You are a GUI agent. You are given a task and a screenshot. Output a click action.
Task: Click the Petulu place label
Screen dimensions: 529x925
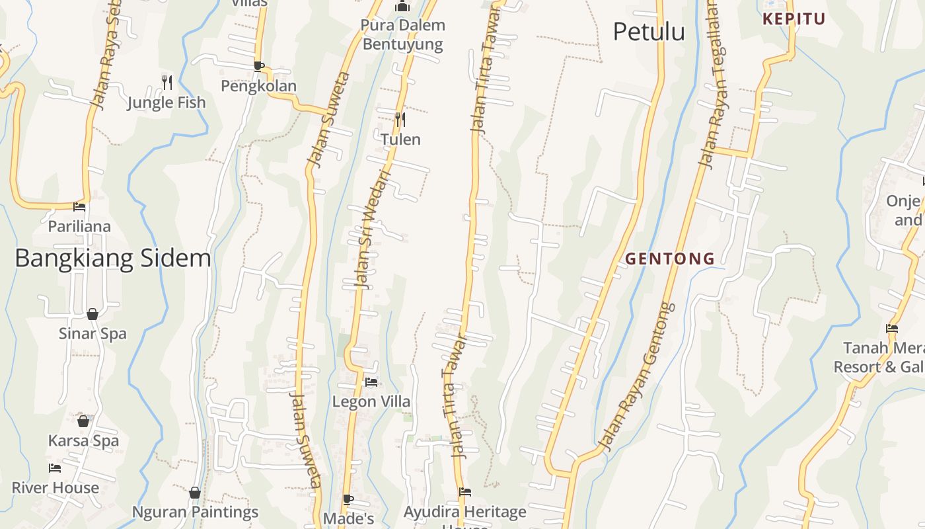(x=649, y=32)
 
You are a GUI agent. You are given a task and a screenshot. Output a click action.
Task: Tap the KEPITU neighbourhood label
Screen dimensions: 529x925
(x=794, y=19)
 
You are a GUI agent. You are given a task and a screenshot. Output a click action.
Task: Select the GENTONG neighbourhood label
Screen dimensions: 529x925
(x=670, y=259)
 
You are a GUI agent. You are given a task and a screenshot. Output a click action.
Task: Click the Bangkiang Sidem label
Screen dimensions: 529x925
(x=113, y=258)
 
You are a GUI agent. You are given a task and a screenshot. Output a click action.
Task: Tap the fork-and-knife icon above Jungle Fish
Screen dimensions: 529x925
(x=167, y=83)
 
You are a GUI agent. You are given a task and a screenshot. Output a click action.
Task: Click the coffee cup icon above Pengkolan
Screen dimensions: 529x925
(x=259, y=66)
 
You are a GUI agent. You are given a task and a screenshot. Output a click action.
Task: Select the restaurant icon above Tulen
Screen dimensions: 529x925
(x=400, y=120)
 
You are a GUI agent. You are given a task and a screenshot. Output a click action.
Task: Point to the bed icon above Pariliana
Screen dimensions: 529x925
(x=79, y=207)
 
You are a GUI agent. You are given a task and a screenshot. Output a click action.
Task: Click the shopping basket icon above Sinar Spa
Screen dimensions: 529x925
(x=92, y=313)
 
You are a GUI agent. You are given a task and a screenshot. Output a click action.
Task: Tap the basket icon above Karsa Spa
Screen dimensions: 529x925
(x=83, y=421)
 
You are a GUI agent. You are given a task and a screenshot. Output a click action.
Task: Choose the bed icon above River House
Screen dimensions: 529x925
(x=55, y=468)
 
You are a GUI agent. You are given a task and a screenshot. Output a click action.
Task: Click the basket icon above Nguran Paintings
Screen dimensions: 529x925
(x=195, y=493)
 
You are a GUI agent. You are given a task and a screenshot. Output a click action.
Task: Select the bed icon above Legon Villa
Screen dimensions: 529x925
(x=371, y=382)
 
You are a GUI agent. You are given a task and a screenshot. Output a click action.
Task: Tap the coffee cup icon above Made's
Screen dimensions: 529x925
(x=348, y=500)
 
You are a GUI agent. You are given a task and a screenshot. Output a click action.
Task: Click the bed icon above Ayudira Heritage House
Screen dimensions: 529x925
(x=465, y=492)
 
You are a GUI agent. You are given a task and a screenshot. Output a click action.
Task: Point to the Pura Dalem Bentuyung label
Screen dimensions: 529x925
(x=402, y=35)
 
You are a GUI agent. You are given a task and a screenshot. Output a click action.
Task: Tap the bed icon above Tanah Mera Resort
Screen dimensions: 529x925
(x=892, y=329)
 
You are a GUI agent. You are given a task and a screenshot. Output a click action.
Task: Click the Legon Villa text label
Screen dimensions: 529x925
(x=371, y=401)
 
